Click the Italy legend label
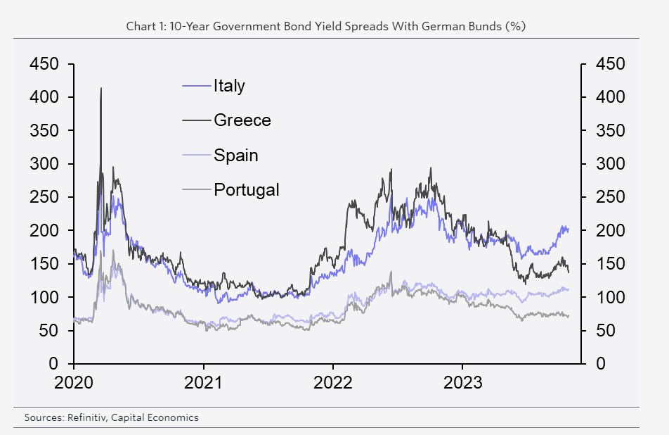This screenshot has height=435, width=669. (x=229, y=86)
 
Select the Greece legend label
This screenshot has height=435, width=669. (x=242, y=120)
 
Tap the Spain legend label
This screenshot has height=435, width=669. (x=235, y=155)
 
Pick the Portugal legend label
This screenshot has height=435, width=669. (x=246, y=189)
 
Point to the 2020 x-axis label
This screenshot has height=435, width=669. (x=73, y=383)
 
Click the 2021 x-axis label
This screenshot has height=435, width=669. (x=203, y=383)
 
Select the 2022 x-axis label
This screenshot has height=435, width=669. (x=332, y=383)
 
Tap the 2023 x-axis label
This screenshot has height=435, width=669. (x=462, y=383)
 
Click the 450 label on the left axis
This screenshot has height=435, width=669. (x=44, y=64)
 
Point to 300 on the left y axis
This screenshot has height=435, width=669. (x=44, y=164)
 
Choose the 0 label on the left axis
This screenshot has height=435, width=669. (x=54, y=364)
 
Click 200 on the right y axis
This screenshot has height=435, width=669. (x=610, y=231)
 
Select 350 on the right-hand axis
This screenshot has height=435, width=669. (x=610, y=131)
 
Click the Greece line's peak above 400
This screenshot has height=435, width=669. (x=101, y=89)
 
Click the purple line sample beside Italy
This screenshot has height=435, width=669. (x=197, y=86)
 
